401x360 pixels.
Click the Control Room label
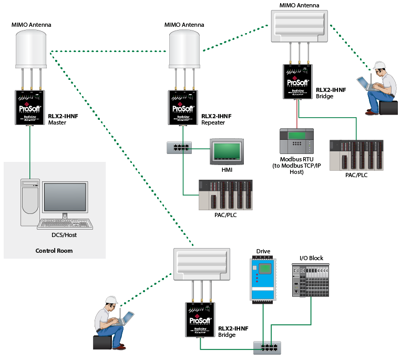click(54, 251)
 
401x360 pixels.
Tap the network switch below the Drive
click(268, 347)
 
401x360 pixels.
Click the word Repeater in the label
click(213, 123)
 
